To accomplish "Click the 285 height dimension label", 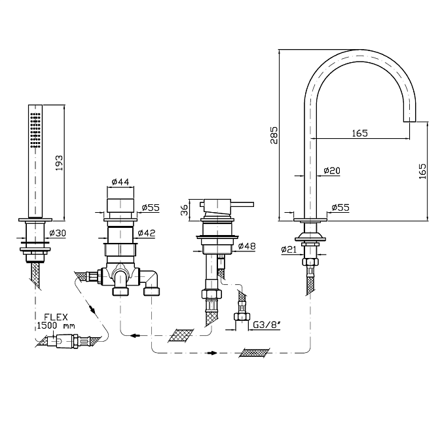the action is coord(274,136).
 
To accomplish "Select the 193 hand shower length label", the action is coord(59,163).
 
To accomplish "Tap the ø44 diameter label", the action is coord(120,182).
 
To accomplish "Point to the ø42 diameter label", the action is coord(147,232).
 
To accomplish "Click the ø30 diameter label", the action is coord(58,232).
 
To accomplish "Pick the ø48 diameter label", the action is coord(247,246).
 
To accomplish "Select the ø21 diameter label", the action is coord(289,249).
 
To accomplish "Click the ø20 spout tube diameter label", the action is coord(332,170).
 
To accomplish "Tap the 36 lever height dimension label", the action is coord(184,210).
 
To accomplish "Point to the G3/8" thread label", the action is coord(267,325).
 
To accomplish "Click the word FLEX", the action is coord(56,317).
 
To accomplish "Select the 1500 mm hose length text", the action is coord(56,326).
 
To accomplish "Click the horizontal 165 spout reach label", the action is coord(359,133).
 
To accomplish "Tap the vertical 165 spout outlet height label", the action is coord(422,171).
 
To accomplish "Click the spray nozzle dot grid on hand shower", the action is coord(35,130).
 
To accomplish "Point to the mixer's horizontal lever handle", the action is coord(242,204).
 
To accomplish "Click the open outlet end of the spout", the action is coord(409,122).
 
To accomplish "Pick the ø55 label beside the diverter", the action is coord(151,208).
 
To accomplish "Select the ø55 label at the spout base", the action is coord(340,208).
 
